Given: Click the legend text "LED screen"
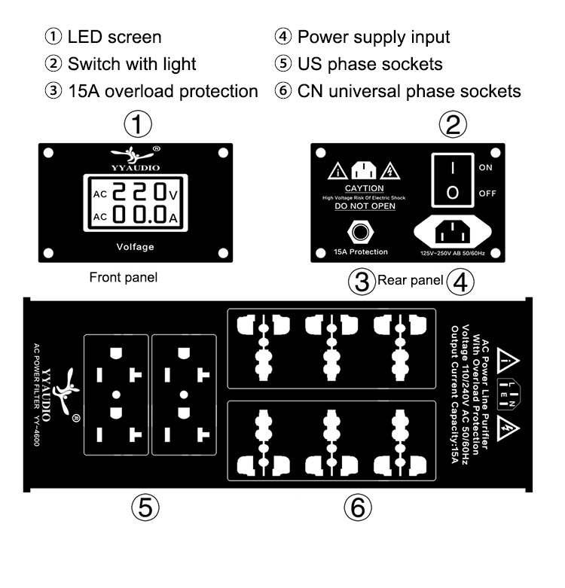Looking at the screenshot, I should [114, 36].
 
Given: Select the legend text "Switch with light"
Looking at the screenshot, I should [132, 64].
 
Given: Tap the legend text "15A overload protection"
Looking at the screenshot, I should [163, 92].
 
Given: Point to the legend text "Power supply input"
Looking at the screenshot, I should [374, 36].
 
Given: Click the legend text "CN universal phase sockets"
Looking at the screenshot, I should [409, 92].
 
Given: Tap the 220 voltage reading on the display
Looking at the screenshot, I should [139, 194].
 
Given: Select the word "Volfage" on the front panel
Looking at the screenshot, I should [136, 246].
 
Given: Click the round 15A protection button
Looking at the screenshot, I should [359, 230].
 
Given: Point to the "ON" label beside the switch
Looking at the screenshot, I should [486, 167].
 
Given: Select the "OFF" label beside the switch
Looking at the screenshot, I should [487, 193].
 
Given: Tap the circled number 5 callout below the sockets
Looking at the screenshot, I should [145, 507].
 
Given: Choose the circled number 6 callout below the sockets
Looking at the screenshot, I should [358, 507].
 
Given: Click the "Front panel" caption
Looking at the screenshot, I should [124, 277].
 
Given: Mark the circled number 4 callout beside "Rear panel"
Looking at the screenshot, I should [460, 282].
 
